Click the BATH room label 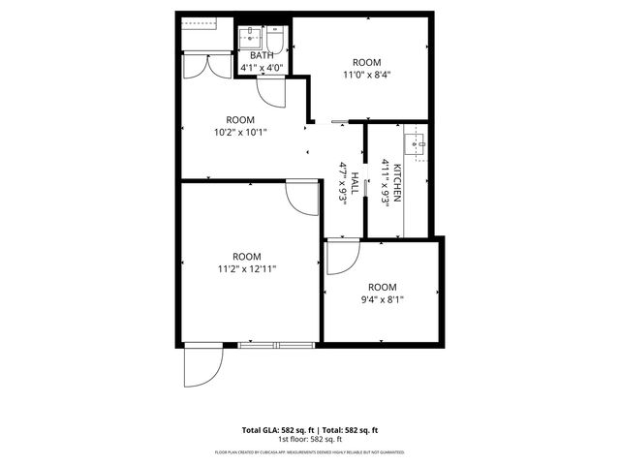click(262, 56)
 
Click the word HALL click(355, 184)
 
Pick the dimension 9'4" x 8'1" click(382, 299)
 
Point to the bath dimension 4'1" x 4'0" click(262, 68)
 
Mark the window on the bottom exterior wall click(276, 345)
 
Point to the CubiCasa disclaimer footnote click(310, 451)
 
